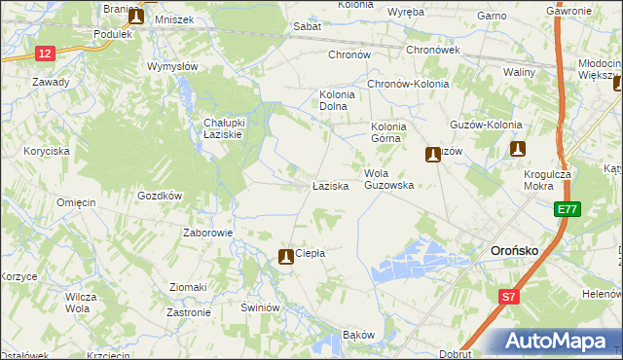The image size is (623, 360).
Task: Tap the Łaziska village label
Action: (x=330, y=185)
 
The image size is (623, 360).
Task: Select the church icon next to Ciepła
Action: (x=286, y=257)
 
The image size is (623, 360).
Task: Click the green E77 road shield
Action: (x=568, y=209)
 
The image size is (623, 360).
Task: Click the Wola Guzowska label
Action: (x=389, y=179)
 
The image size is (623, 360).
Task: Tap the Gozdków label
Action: (x=161, y=196)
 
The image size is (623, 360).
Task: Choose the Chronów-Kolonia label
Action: (x=408, y=84)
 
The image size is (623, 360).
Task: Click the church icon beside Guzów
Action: (x=431, y=154)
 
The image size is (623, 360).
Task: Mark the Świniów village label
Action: (x=261, y=307)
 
